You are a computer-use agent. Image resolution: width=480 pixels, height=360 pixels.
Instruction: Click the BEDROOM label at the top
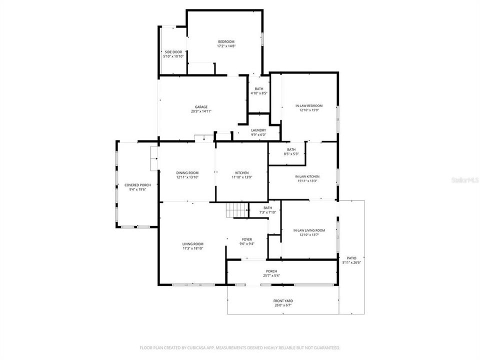coord(226,41)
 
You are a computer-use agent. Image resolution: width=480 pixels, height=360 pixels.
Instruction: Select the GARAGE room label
coord(201,107)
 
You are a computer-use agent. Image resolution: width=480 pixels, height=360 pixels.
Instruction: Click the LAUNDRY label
coord(258,130)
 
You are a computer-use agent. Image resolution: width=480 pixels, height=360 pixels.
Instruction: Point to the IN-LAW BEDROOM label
coord(308,105)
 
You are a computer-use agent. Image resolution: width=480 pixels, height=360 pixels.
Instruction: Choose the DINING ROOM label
coord(187,172)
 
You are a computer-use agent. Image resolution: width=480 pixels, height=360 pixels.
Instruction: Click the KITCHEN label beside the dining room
coord(242,172)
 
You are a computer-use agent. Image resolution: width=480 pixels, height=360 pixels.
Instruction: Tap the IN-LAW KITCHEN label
coord(307,176)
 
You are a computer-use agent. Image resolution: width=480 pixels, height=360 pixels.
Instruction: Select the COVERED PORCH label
coord(137,185)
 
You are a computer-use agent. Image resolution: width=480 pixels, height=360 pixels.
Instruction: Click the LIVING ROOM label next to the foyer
coord(192,244)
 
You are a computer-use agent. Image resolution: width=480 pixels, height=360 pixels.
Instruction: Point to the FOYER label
coord(247,239)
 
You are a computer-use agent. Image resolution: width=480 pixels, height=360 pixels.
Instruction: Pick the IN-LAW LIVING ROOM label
coord(309,230)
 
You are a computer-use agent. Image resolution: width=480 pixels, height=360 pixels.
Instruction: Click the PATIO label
coord(352,258)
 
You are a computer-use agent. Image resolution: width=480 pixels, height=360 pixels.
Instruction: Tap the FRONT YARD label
coord(283,301)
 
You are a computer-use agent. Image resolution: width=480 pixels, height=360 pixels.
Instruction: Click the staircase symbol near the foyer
coord(236,210)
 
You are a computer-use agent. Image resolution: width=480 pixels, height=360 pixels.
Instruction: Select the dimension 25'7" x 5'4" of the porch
coord(271,275)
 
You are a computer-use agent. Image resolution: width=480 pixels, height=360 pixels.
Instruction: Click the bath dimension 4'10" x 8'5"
coord(259,93)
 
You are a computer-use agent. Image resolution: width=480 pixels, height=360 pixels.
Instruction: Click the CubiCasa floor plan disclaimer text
coord(239,347)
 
